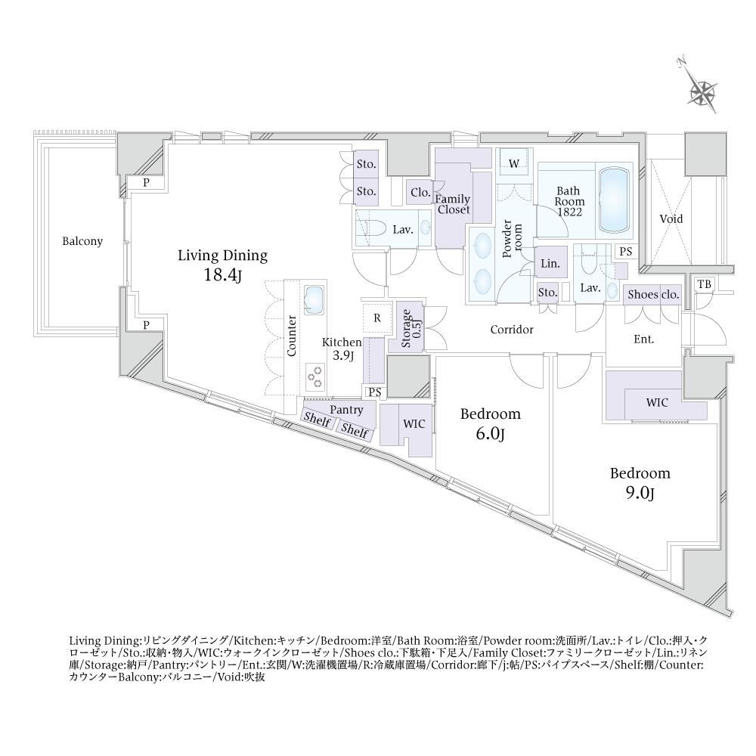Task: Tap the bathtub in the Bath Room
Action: click(614, 200)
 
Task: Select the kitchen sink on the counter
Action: click(314, 299)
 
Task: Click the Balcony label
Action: click(82, 241)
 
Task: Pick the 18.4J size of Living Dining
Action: click(222, 275)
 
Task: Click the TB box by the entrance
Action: click(705, 284)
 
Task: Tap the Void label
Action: click(671, 219)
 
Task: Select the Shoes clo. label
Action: click(653, 294)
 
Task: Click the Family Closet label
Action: click(453, 204)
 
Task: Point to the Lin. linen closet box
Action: click(550, 264)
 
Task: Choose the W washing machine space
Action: click(514, 164)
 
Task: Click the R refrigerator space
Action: click(377, 318)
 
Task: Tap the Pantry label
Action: click(346, 410)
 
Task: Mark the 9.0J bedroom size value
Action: click(640, 494)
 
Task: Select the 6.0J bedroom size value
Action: click(490, 435)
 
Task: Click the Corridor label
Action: click(512, 330)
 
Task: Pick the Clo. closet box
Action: click(420, 193)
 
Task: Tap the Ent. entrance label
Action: click(643, 339)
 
